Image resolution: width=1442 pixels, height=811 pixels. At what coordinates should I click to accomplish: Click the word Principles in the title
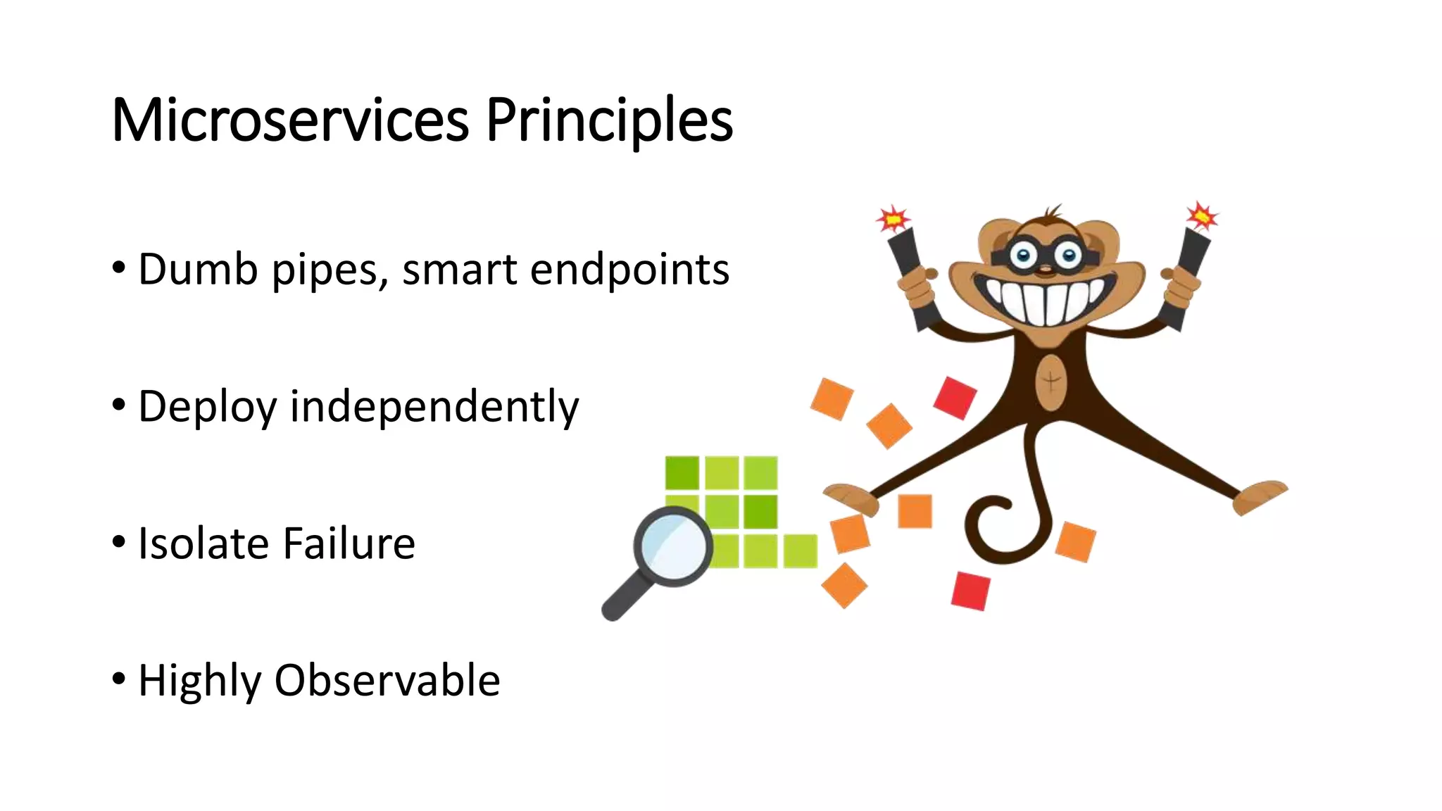pyautogui.click(x=609, y=121)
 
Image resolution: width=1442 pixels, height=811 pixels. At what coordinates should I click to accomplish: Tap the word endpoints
pyautogui.click(x=629, y=270)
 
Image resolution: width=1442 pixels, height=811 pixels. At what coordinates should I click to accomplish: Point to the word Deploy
pyautogui.click(x=207, y=407)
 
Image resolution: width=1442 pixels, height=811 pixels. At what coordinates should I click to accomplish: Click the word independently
pyautogui.click(x=434, y=407)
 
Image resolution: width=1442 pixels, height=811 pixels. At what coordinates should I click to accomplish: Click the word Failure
pyautogui.click(x=349, y=543)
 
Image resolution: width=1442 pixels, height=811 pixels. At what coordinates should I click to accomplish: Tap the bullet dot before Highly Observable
pyautogui.click(x=119, y=679)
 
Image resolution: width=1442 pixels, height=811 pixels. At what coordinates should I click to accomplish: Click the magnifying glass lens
pyautogui.click(x=672, y=546)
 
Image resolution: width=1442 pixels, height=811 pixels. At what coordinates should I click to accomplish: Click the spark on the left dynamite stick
pyautogui.click(x=893, y=220)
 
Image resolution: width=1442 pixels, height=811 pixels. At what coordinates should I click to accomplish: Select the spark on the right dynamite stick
pyautogui.click(x=1201, y=216)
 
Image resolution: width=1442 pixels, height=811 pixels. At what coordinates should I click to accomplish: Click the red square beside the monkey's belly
pyautogui.click(x=955, y=398)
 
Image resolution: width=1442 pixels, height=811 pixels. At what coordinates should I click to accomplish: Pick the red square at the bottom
pyautogui.click(x=970, y=591)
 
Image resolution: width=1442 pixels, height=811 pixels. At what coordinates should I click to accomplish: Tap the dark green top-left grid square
pyautogui.click(x=682, y=472)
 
